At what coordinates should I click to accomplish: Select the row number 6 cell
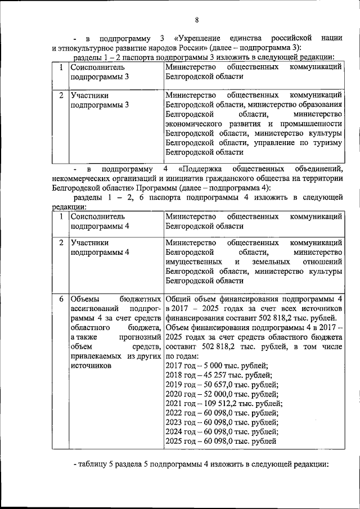pyautogui.click(x=60, y=299)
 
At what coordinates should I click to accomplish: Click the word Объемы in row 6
pyautogui.click(x=86, y=299)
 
